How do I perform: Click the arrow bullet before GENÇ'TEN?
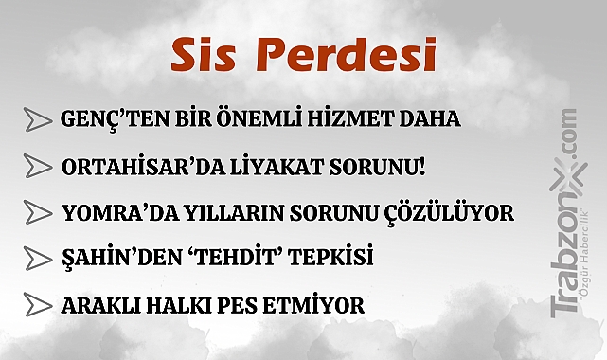37,120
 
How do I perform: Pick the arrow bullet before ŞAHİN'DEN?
37,258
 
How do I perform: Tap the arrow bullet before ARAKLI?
37,306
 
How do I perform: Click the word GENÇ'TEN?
100,121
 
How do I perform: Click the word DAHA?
433,121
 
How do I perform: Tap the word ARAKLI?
98,306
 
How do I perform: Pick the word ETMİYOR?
314,306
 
